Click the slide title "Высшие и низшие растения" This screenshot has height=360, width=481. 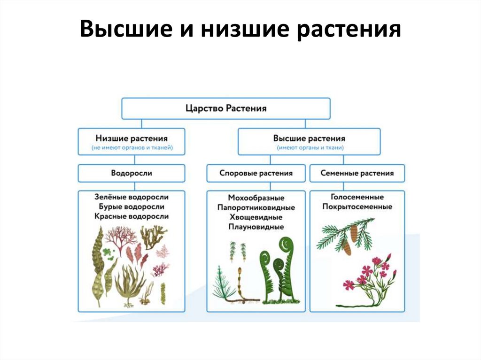(240, 31)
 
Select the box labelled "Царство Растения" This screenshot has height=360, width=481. (226, 108)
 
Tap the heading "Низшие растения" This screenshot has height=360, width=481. (132, 138)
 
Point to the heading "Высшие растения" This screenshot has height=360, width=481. (309, 138)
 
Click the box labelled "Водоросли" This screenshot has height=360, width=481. (132, 173)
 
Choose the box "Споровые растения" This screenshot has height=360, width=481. (256, 173)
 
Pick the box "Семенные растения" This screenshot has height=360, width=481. (357, 173)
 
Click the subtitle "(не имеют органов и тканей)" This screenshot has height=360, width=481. (132, 148)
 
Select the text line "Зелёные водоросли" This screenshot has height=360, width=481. (132, 197)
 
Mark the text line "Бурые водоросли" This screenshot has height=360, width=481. (132, 207)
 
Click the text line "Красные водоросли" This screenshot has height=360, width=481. (132, 217)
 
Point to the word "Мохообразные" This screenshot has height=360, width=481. (256, 197)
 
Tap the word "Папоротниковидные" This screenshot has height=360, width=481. (256, 207)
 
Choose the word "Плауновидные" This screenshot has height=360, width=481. (256, 227)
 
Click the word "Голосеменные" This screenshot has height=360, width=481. (357, 197)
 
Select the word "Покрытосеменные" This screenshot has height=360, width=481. (357, 207)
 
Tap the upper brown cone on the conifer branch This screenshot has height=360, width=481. (354, 233)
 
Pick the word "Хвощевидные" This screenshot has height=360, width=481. (256, 217)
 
